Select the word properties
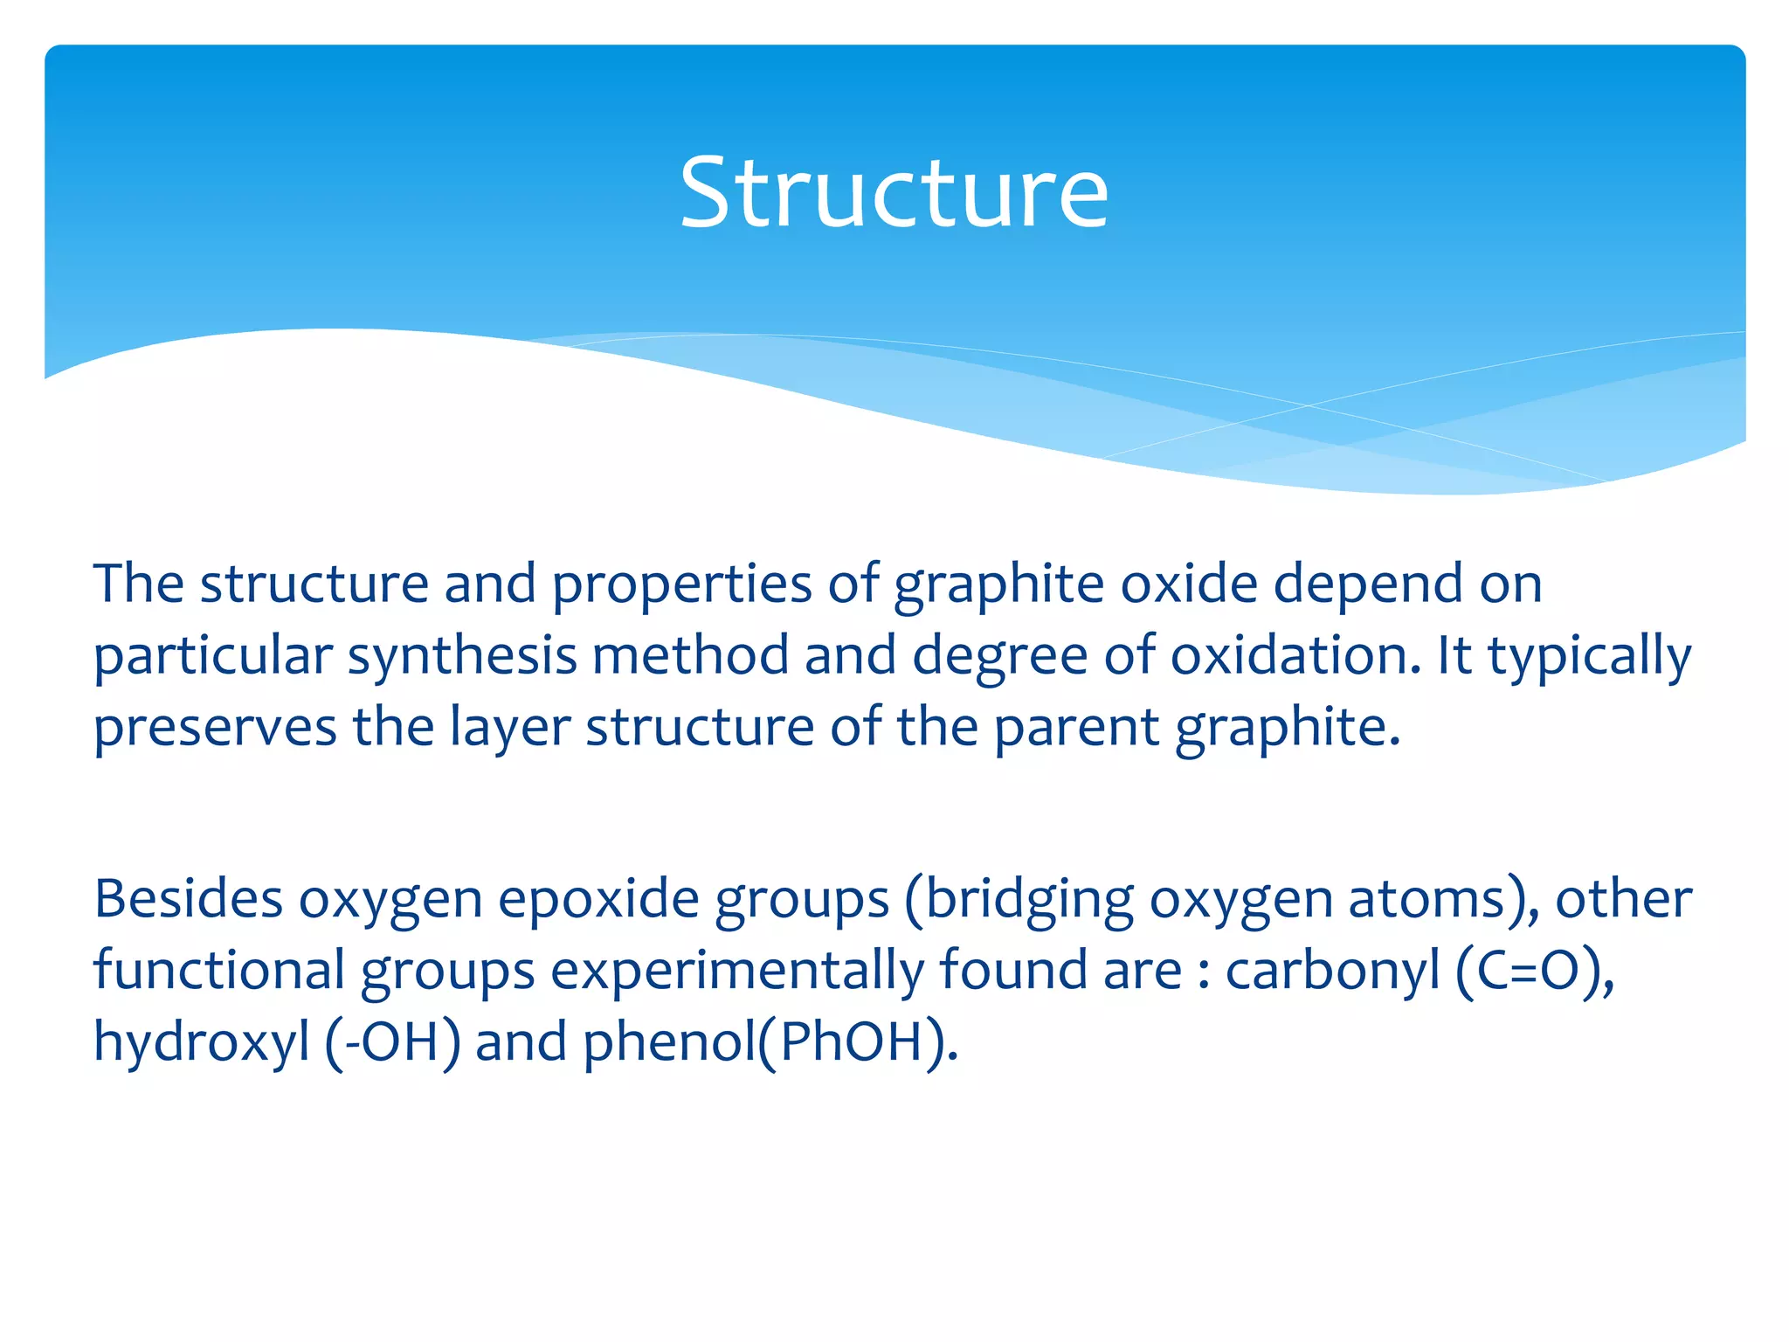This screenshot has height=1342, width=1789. [682, 585]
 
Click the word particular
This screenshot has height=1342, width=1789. [213, 656]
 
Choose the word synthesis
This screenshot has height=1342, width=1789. [462, 656]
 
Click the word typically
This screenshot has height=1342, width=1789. [1590, 656]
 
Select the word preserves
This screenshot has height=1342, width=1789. [215, 728]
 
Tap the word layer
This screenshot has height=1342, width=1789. [509, 728]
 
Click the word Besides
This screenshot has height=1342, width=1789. [189, 899]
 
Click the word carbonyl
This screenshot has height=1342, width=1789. [1332, 971]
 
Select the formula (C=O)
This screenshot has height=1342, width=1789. [1535, 971]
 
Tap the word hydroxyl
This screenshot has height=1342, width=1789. [202, 1042]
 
